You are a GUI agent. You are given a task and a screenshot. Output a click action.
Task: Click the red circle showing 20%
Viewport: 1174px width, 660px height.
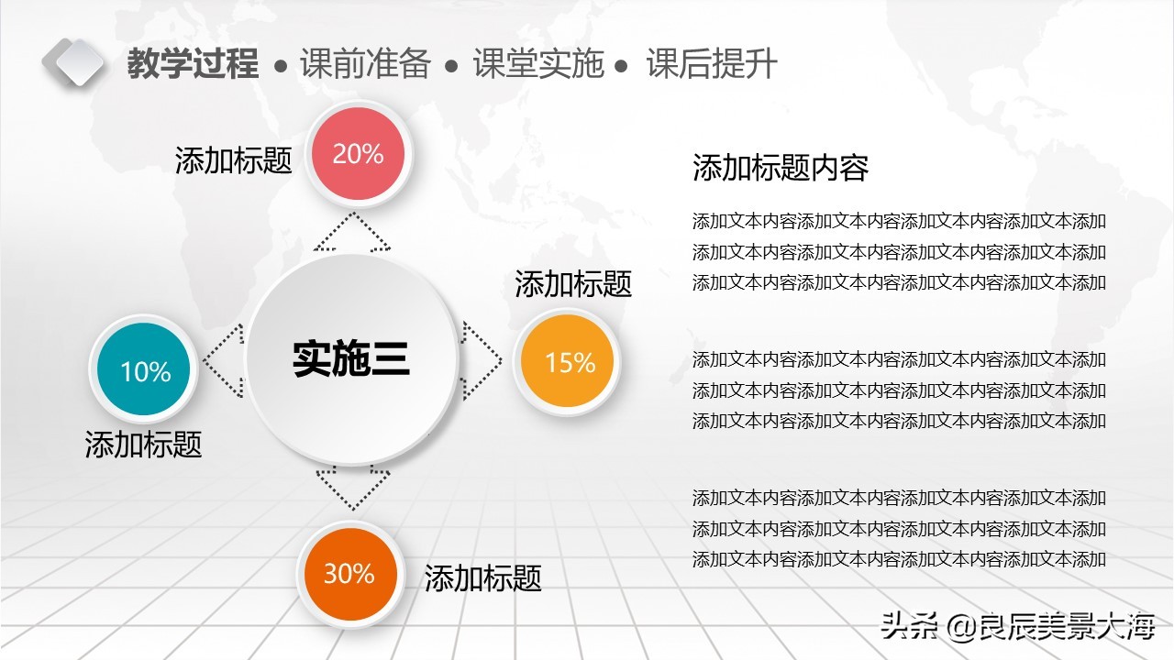[x=358, y=154]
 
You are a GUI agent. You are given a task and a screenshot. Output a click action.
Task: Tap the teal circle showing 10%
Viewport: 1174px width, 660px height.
[x=145, y=370]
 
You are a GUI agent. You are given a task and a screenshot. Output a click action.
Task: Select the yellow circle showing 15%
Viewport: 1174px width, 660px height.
[x=570, y=362]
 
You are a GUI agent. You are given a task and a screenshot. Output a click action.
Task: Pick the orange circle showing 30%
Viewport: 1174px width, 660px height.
[x=349, y=574]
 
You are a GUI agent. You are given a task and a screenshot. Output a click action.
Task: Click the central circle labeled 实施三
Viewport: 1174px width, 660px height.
[x=351, y=358]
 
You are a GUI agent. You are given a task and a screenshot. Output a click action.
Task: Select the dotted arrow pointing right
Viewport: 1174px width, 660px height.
[x=482, y=359]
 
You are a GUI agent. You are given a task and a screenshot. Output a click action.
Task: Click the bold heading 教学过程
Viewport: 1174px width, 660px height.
[x=193, y=64]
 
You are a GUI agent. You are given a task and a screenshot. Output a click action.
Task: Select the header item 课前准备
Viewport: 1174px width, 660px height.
[x=365, y=64]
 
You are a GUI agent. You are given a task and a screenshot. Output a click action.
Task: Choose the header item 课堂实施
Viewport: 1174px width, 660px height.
[x=538, y=64]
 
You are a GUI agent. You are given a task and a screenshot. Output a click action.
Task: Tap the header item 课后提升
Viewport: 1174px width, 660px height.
[x=712, y=64]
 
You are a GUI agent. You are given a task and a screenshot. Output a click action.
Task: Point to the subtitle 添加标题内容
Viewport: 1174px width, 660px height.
[x=781, y=168]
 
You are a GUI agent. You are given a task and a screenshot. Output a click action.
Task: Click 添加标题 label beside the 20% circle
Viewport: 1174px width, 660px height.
[x=234, y=160]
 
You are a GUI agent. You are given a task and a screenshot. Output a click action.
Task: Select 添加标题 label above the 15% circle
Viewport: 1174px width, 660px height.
[x=573, y=283]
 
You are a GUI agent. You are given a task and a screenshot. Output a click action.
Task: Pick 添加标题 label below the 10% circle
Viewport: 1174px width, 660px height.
[x=143, y=445]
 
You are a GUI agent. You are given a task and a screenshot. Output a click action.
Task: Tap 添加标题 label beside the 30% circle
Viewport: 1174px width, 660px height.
[x=482, y=577]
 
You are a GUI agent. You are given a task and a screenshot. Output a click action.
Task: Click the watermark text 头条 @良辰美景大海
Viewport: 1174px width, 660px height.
[x=1017, y=627]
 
